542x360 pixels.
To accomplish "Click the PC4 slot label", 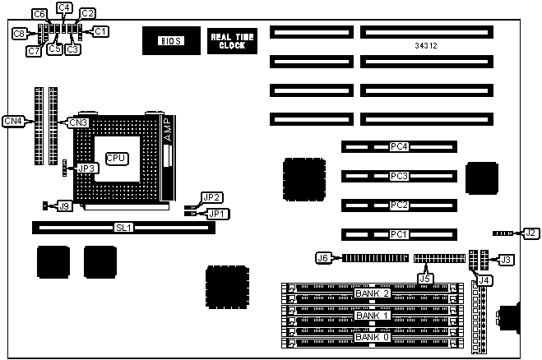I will click(399, 147).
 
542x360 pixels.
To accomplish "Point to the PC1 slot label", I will click(399, 235).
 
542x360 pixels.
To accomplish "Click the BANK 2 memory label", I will click(371, 293).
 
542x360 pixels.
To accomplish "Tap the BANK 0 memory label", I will click(371, 337).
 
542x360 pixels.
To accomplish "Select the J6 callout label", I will click(323, 258).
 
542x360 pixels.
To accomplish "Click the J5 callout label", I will click(424, 279).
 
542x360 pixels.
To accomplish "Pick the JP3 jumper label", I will click(87, 168).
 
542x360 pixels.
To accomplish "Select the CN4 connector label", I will click(13, 121).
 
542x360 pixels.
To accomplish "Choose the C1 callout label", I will click(100, 31).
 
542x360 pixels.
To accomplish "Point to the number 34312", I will click(425, 46).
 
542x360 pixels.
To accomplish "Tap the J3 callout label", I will click(507, 260).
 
